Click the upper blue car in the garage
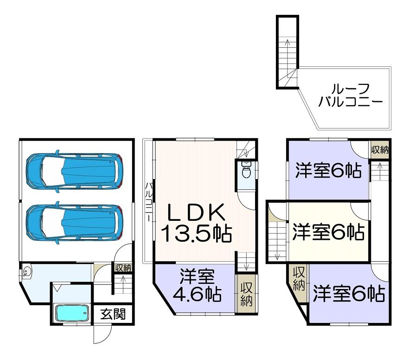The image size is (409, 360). click(75, 171)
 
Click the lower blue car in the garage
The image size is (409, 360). click(75, 223)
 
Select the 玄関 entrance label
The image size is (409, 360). click(113, 314)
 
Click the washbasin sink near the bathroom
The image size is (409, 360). click(26, 272)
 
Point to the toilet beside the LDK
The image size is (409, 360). click(246, 170)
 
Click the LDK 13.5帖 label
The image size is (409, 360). click(196, 223)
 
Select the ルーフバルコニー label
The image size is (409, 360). click(350, 96)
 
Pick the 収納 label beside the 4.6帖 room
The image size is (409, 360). click(246, 294)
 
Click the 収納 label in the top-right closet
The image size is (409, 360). click(380, 150)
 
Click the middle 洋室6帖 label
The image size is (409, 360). click(328, 232)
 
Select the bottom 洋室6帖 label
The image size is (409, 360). click(349, 293)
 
